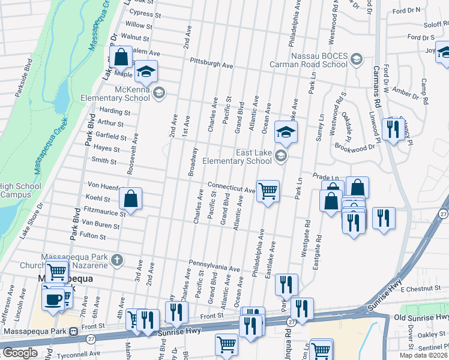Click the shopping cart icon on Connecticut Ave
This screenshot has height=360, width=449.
click(268, 191)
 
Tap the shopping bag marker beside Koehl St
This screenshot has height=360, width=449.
click(130, 199)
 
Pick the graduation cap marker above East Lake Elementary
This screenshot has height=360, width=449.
click(286, 132)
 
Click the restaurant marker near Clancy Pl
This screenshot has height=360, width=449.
click(393, 130)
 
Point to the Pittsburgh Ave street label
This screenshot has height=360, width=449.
click(211, 64)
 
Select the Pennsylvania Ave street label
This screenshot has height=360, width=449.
click(214, 265)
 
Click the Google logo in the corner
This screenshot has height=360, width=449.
click(19, 353)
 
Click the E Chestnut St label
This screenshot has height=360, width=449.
click(424, 289)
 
